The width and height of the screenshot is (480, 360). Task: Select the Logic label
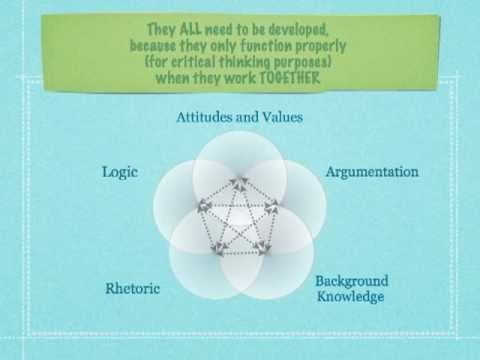[119, 171]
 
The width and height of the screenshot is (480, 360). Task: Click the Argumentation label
[372, 171]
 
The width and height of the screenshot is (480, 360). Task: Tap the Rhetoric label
[132, 290]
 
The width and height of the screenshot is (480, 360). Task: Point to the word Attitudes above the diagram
[206, 117]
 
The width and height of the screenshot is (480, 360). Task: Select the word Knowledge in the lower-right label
[350, 297]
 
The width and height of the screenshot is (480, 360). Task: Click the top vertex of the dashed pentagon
[240, 181]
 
